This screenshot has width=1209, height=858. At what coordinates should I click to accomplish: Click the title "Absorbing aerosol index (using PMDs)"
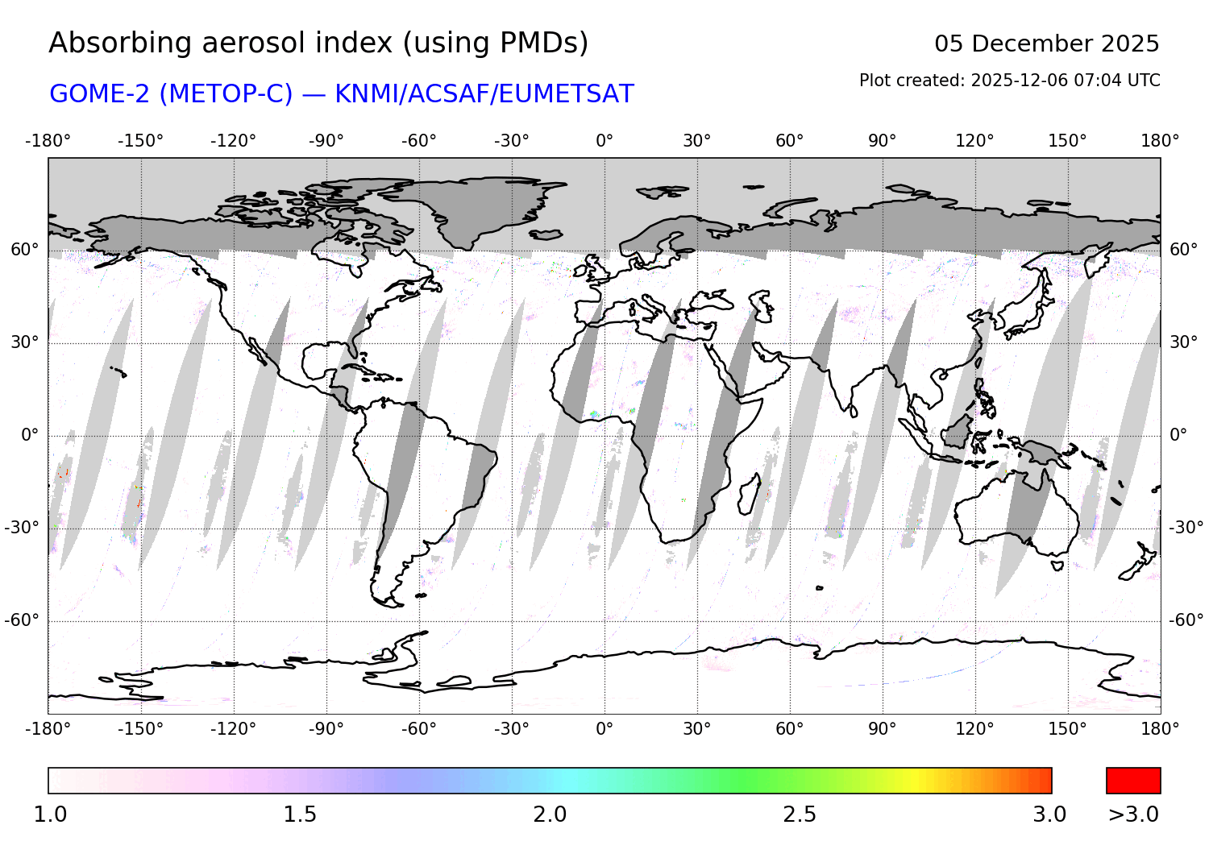point(318,44)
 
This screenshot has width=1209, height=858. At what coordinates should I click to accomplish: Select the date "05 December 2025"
point(1046,44)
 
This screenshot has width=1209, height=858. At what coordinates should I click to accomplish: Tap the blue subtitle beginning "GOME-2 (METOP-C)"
point(342,94)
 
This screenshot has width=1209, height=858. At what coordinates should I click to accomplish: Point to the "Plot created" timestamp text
point(1009,81)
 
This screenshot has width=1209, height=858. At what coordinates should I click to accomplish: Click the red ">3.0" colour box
point(1133,781)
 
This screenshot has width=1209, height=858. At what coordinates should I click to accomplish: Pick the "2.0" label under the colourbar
point(550,814)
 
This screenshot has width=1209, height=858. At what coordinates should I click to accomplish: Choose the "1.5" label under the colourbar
point(300,814)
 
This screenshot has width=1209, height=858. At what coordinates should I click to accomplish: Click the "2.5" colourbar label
point(800,814)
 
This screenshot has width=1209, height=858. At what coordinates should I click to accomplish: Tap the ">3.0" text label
point(1133,814)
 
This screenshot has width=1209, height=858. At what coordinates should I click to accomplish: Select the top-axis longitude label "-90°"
point(326,141)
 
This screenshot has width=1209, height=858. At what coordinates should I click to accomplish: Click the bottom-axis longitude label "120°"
point(974,729)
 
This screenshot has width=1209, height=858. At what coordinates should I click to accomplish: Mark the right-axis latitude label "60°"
point(1183,250)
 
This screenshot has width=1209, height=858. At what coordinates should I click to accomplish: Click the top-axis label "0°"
point(604,141)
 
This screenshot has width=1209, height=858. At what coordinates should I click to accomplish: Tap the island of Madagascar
point(750,494)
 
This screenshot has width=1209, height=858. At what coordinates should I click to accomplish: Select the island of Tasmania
point(1057,565)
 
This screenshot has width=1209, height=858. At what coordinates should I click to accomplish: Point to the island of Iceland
point(546,234)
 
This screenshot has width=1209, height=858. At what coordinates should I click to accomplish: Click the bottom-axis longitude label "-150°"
point(140,729)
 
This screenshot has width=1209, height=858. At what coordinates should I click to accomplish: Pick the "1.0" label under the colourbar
point(50,814)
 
